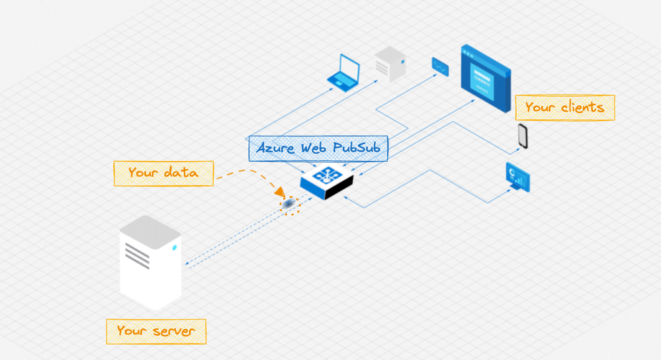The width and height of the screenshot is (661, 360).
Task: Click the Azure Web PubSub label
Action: [318, 148]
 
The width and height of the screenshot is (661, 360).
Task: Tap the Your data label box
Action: [163, 173]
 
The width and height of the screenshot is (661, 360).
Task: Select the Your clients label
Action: [564, 107]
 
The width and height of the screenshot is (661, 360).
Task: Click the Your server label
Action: [156, 331]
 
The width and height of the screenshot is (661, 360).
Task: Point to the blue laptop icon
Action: [344, 73]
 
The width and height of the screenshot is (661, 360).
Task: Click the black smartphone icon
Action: [523, 136]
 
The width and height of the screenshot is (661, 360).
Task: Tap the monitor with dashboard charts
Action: [517, 177]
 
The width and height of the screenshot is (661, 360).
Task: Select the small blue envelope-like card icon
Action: [440, 66]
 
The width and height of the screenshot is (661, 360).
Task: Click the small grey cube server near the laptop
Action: [390, 65]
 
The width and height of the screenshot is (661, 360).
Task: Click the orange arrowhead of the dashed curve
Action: [281, 193]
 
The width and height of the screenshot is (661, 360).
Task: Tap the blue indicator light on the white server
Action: [174, 248]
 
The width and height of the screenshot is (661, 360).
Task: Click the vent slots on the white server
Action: [137, 253]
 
